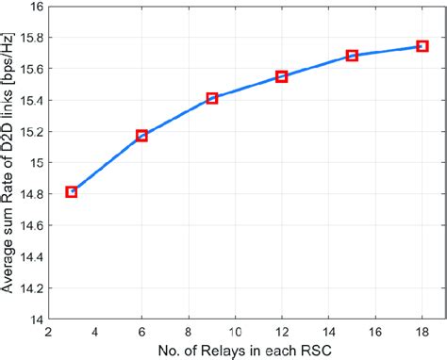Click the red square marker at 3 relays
72,191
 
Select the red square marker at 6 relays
141,136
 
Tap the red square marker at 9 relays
212,98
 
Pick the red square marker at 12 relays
281,76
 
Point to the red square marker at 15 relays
352,56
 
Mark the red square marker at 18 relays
422,45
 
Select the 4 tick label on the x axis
95,331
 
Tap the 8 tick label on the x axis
189,331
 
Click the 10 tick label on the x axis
236,331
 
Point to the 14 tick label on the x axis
329,331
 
